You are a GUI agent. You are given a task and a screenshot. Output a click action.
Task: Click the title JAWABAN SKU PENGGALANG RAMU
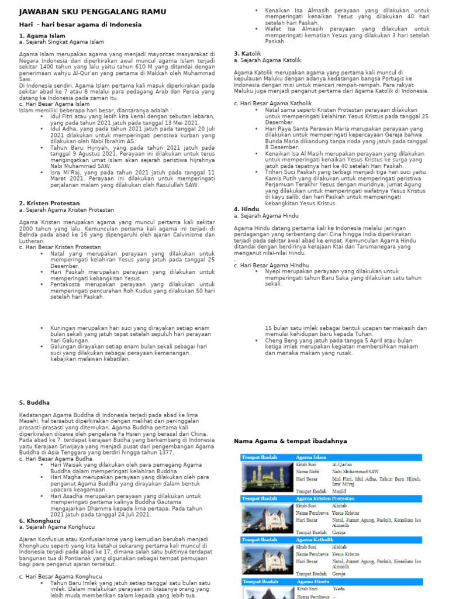coord(92,12)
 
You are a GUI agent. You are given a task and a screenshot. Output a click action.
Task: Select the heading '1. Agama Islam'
coord(42,36)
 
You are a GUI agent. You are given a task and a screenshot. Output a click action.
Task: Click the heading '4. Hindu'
coord(246,209)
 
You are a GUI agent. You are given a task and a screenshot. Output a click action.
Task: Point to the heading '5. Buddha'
coord(34,402)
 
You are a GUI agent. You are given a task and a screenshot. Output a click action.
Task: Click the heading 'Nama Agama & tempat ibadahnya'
coord(290,440)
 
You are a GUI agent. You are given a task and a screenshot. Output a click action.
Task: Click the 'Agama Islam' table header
coord(312,456)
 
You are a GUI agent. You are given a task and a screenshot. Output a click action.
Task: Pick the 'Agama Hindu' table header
coord(313,581)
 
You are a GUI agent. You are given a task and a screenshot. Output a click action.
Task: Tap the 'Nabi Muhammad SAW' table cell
coord(355,471)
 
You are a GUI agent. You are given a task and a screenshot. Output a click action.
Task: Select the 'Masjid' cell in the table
coord(340,491)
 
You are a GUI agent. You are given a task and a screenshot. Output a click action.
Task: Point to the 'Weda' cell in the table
coord(339,589)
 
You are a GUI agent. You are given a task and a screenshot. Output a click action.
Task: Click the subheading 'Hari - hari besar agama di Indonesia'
coord(80,25)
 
